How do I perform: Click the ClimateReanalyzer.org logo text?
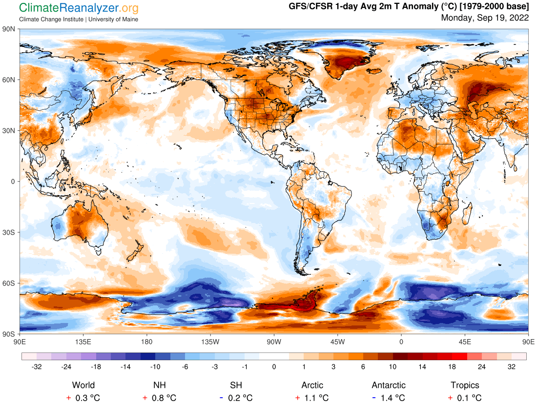point(79,8)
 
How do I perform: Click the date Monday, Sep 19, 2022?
point(485,18)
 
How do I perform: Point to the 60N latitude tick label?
point(9,80)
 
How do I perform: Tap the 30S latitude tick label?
point(9,232)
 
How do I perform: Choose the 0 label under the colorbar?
point(274,367)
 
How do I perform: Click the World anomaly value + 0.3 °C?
point(83,398)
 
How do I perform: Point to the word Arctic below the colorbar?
point(312,385)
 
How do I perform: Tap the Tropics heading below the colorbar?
point(465,385)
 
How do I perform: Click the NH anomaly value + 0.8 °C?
point(159,398)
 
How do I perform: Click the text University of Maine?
point(113,19)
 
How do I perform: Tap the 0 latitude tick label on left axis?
point(13,182)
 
